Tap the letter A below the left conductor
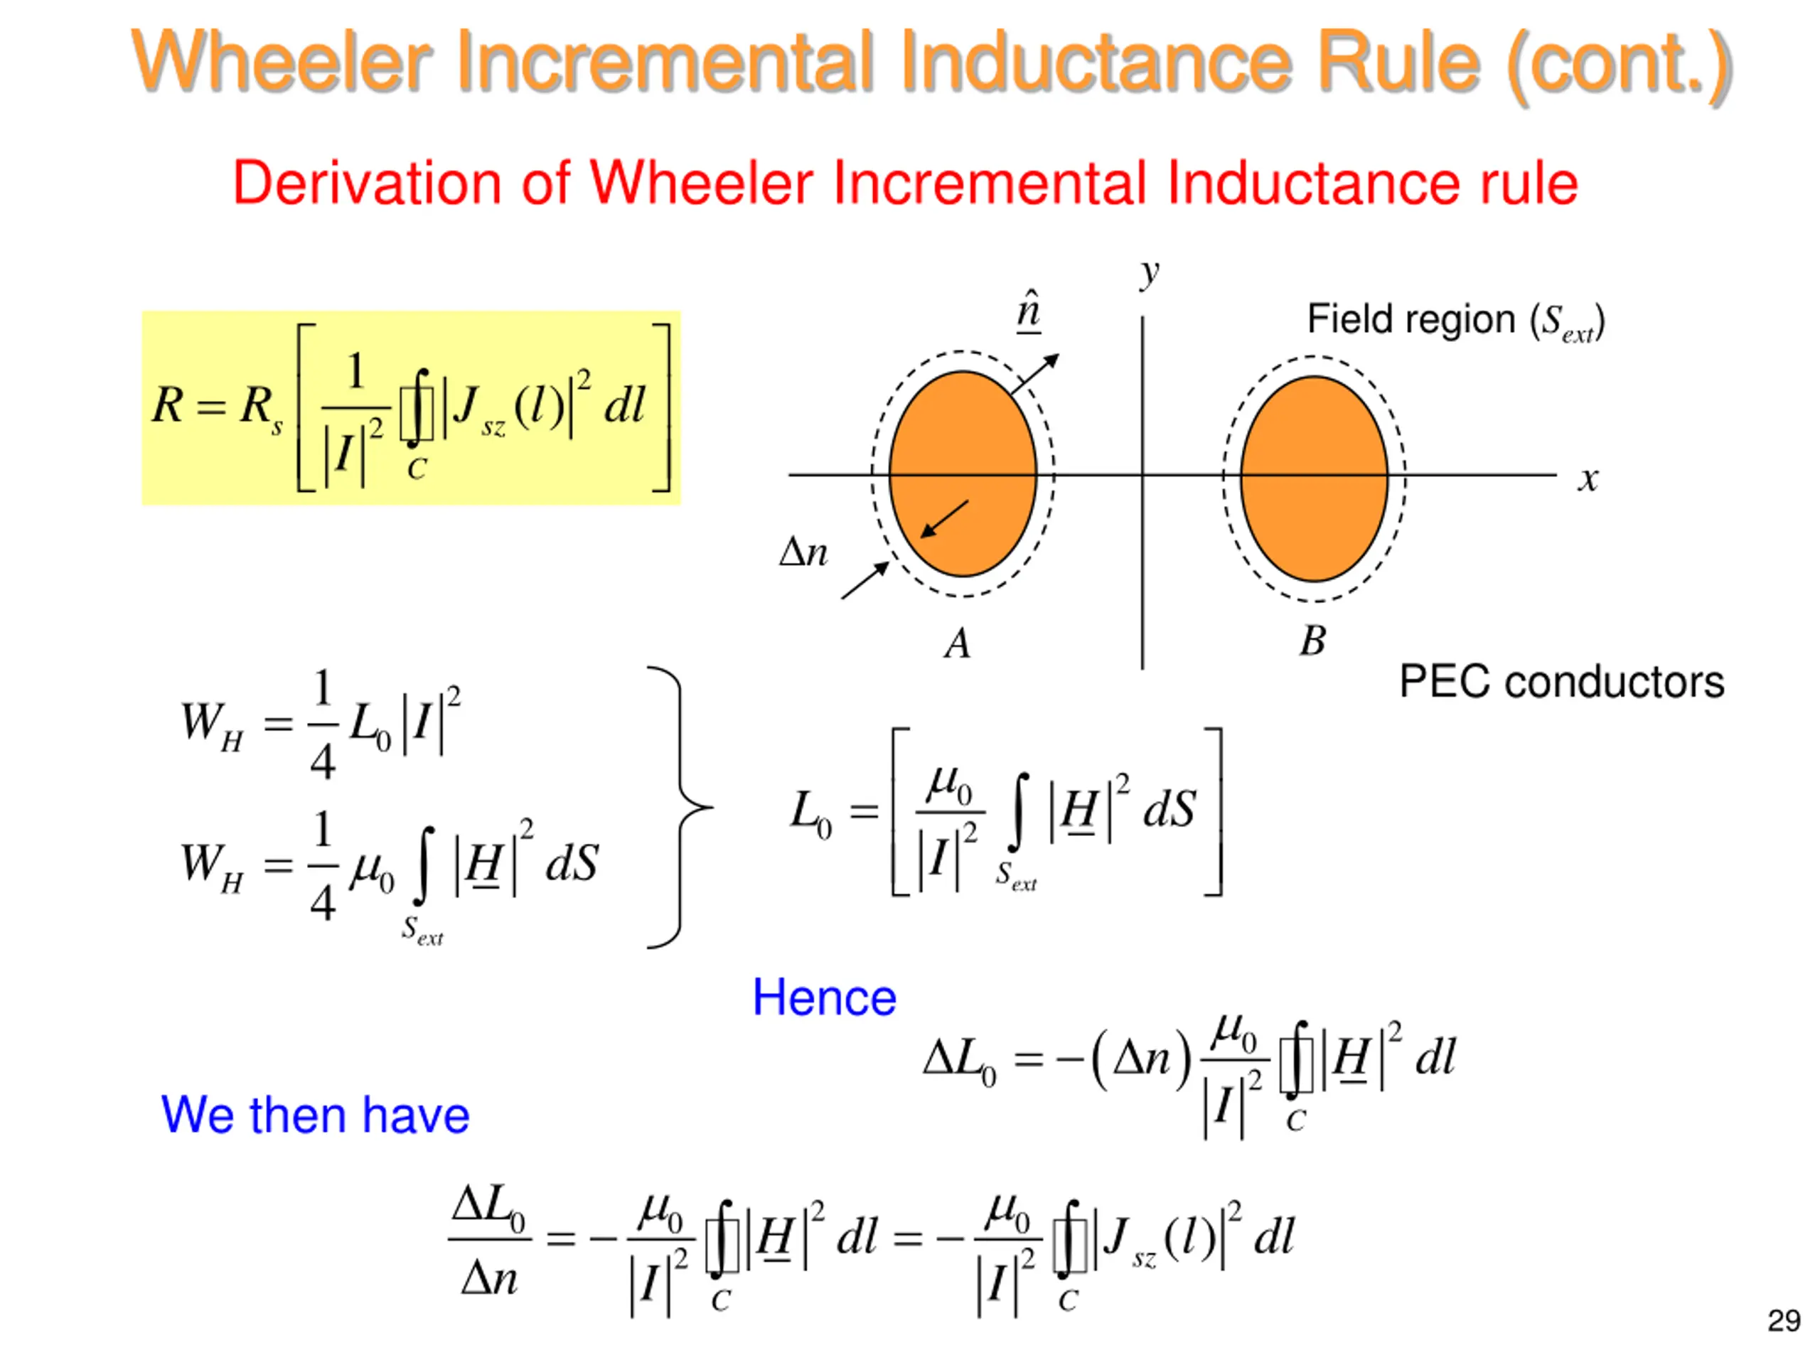click(957, 643)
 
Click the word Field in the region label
click(1355, 319)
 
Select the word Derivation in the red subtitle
click(366, 183)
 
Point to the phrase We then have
click(315, 1115)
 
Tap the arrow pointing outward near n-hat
click(1034, 373)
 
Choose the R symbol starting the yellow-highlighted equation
click(168, 406)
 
